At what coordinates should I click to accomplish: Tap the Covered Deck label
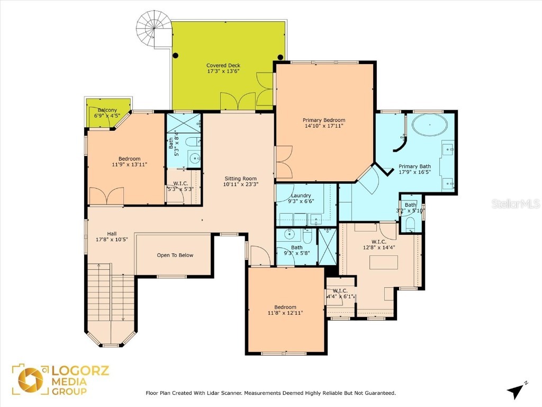[223, 66]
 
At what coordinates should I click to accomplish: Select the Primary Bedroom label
[324, 120]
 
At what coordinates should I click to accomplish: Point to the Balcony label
[107, 110]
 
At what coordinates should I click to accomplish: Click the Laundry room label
[300, 196]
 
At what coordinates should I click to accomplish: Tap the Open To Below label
[175, 255]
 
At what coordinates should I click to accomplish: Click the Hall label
[112, 234]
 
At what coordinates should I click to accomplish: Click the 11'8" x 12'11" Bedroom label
[285, 307]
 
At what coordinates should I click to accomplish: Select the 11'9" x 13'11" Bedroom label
[129, 159]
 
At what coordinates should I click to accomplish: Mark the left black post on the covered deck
[176, 55]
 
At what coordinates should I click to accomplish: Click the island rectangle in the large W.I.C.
[383, 262]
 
